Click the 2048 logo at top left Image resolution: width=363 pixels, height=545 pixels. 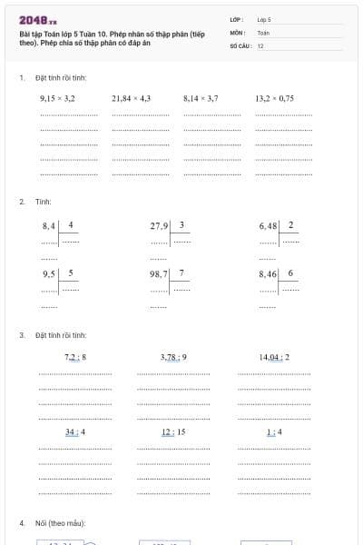click(38, 20)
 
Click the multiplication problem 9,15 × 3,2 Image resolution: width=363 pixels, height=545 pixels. click(57, 97)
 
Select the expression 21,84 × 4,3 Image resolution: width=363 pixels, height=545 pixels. click(131, 97)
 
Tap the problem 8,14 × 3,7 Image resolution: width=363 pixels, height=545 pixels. click(201, 97)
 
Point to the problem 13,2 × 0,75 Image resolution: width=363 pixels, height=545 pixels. click(275, 97)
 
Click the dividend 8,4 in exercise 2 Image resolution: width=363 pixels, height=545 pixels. click(49, 224)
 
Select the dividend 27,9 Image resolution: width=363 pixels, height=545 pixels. click(160, 224)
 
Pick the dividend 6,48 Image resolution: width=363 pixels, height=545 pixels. click(269, 224)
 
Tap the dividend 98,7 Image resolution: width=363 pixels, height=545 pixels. click(160, 273)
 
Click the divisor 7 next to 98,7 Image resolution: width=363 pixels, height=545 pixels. click(181, 272)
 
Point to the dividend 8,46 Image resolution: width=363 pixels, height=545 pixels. click(269, 273)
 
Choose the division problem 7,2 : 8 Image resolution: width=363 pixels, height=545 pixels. click(75, 357)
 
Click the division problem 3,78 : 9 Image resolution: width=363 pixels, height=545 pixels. click(173, 357)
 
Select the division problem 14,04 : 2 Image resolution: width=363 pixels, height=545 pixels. click(274, 357)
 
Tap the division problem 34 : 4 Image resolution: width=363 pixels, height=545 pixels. click(75, 431)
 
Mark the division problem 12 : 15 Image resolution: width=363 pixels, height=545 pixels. click(173, 431)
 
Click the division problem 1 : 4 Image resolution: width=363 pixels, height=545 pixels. click(274, 431)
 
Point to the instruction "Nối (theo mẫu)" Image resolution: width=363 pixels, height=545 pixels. click(61, 524)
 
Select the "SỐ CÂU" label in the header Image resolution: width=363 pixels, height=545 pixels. click(240, 45)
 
